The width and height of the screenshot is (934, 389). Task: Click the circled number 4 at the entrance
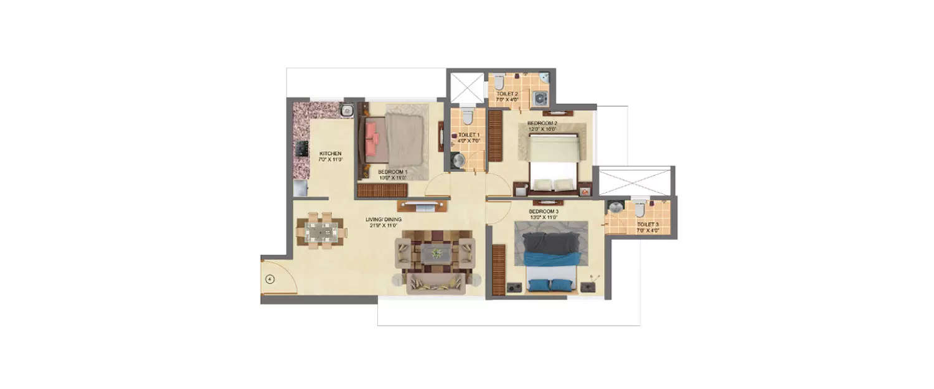point(270,279)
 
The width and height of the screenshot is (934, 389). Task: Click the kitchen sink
point(346,111)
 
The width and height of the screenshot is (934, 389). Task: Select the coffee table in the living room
point(435,253)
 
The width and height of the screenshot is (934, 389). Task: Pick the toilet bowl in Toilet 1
point(469,116)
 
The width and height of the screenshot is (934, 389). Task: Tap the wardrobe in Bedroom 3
point(498,270)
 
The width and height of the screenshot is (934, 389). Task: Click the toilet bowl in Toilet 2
point(499,82)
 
